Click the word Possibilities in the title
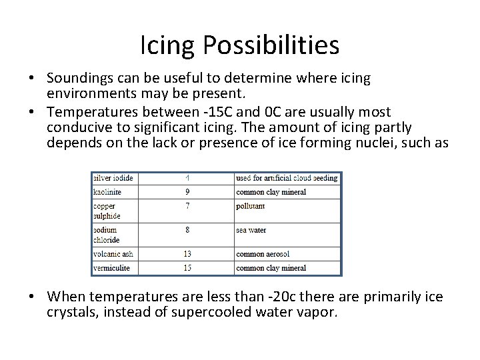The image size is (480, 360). (272, 45)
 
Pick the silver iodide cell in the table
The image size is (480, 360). (113, 178)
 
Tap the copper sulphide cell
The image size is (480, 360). (107, 211)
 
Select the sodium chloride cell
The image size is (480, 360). (107, 235)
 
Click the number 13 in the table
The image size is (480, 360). (187, 254)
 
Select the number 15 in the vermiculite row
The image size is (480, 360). (187, 268)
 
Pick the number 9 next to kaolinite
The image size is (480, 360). (187, 192)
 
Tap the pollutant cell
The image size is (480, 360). (251, 207)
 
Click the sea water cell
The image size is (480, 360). (251, 230)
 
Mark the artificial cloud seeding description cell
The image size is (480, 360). (287, 178)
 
